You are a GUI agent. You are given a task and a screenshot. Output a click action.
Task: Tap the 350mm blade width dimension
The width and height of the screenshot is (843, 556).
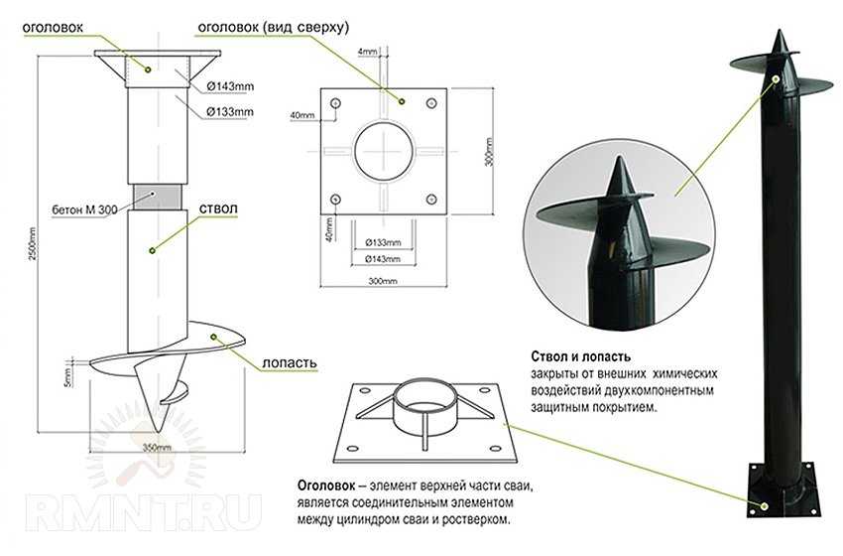tap(157, 447)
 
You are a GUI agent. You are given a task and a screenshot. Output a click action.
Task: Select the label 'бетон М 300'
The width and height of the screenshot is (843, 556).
tap(85, 209)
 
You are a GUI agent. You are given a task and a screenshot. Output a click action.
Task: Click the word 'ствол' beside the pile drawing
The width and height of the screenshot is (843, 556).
tap(218, 208)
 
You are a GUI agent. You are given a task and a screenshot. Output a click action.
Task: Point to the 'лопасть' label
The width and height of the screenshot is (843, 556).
tap(290, 363)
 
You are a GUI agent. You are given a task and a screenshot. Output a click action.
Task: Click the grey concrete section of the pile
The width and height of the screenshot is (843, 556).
tap(157, 198)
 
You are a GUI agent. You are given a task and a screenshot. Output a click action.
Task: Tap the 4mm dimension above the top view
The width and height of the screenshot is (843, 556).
tap(368, 52)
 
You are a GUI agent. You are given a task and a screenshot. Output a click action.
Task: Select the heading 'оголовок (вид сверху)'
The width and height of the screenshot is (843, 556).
tap(274, 28)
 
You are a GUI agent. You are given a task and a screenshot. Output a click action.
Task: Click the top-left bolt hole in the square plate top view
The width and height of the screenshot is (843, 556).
tap(336, 103)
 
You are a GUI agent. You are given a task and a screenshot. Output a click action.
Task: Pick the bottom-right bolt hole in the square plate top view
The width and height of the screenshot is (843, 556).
tap(431, 200)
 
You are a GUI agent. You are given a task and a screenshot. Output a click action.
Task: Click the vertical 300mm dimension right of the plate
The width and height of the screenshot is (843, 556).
tap(489, 152)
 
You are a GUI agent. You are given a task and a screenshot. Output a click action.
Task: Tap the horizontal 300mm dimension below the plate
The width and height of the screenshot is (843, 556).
tap(383, 281)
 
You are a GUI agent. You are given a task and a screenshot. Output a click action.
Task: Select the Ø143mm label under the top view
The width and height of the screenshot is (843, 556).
tap(383, 259)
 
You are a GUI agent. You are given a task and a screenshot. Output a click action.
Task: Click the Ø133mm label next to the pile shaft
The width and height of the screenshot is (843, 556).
tap(229, 112)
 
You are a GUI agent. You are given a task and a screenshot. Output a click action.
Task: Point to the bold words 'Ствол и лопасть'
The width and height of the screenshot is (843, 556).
tap(580, 356)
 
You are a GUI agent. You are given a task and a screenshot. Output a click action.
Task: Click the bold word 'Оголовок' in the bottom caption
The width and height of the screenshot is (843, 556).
tap(326, 486)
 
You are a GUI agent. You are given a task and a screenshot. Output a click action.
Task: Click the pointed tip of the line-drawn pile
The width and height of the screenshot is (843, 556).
tap(158, 430)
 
